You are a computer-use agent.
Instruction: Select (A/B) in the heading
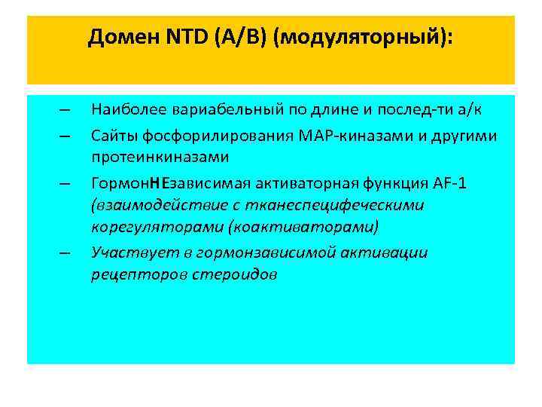coord(232,37)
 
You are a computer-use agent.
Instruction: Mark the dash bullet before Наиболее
coord(64,112)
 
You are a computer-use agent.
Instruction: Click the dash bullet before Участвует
coord(64,253)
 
